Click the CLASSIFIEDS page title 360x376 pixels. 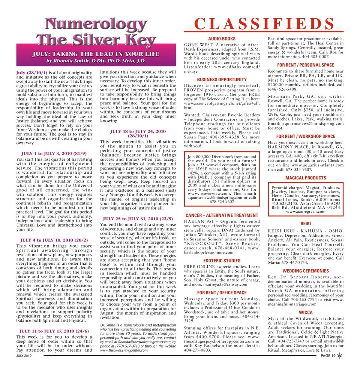[x=264, y=24]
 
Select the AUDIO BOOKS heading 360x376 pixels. [x=222, y=39]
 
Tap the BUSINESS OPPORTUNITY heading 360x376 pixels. [x=222, y=80]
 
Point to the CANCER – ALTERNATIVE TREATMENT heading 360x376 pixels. [x=222, y=216]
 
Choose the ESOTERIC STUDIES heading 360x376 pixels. [x=222, y=261]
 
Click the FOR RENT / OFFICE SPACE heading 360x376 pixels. [x=222, y=292]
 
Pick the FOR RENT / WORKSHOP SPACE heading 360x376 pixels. [x=306, y=137]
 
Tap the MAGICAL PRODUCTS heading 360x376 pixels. [x=306, y=178]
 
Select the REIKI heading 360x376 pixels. [x=306, y=223]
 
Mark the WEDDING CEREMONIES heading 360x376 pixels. [x=306, y=271]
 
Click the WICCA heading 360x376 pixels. [x=306, y=312]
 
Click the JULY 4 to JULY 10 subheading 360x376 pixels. [x=54, y=240]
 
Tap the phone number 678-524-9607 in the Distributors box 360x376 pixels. [x=222, y=201]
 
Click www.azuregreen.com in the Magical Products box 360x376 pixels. [x=306, y=212]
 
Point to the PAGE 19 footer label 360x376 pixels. [x=328, y=367]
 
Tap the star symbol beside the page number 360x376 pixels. [x=339, y=366]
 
